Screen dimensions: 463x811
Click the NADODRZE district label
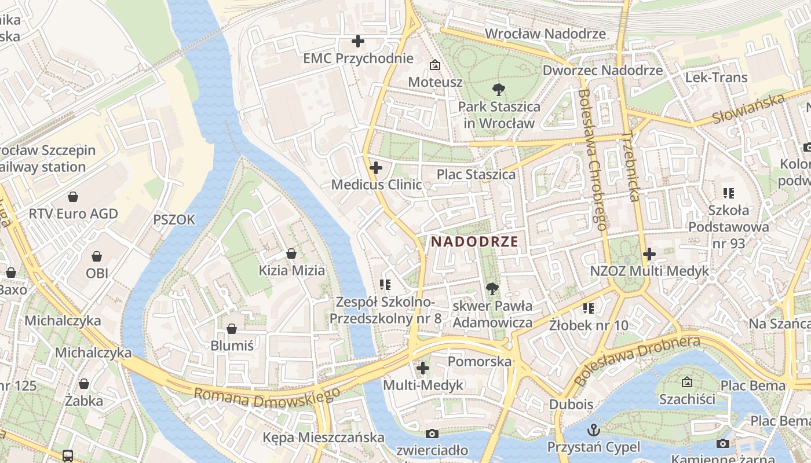(x=474, y=242)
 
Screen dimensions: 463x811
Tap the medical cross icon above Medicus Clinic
(x=376, y=168)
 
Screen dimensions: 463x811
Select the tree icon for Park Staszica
(x=498, y=90)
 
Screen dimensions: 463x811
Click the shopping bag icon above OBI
(x=97, y=256)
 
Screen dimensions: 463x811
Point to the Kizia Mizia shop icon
(x=291, y=253)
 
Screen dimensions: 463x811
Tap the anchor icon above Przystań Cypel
(x=593, y=430)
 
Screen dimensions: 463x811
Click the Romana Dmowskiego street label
(x=266, y=396)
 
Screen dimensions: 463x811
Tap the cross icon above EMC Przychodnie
(x=358, y=41)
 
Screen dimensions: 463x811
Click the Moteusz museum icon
(x=434, y=65)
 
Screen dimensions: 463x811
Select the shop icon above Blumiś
(x=232, y=329)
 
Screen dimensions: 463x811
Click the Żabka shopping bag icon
(x=84, y=384)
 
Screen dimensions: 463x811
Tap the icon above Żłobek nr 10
(x=589, y=308)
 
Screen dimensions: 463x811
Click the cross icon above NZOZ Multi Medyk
(x=649, y=253)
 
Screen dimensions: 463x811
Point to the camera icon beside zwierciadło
(x=432, y=433)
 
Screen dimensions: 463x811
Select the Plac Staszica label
(x=476, y=174)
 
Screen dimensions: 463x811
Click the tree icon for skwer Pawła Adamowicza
(x=492, y=288)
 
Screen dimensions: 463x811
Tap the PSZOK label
(x=174, y=220)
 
